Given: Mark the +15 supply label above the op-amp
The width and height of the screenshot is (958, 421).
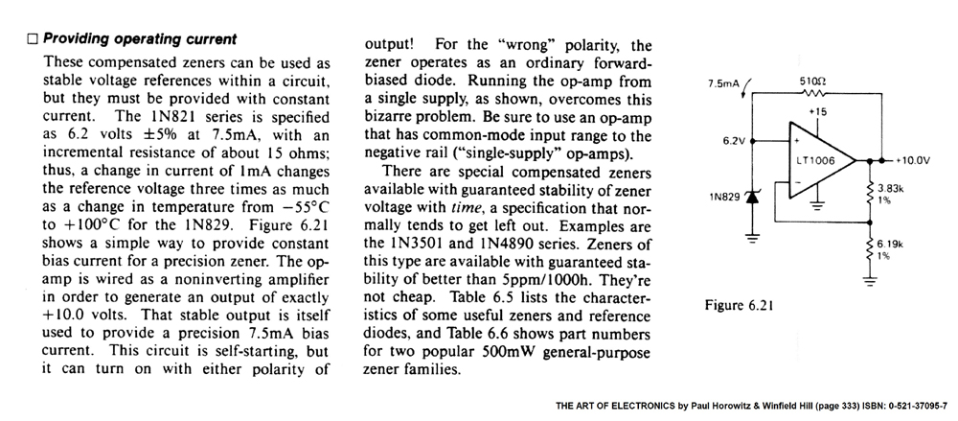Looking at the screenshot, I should point(817,112).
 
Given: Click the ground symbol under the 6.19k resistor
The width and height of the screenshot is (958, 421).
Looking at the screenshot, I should point(870,281).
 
